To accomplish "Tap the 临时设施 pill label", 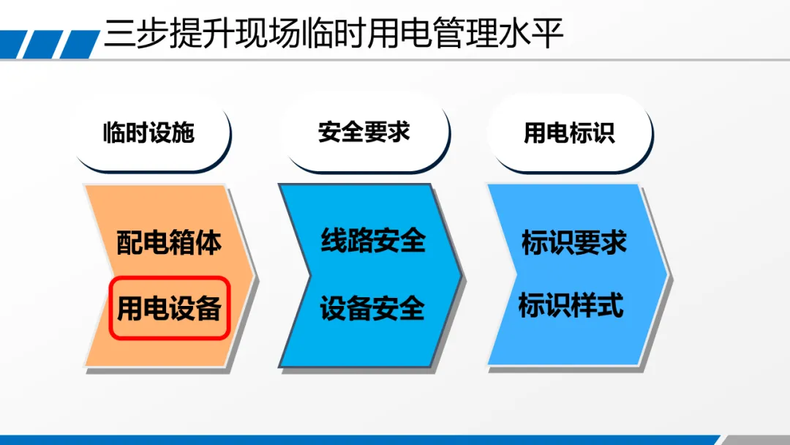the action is (148, 132).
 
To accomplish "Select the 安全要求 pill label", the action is (364, 132).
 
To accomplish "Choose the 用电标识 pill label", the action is (569, 132).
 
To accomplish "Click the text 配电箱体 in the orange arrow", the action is (169, 242).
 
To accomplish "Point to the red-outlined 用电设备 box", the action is (170, 308).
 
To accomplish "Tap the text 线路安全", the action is (373, 240).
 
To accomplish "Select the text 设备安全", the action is (372, 308).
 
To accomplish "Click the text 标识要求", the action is (574, 242).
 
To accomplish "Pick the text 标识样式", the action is (571, 305).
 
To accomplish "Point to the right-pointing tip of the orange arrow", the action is (255, 275).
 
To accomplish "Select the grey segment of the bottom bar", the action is (756, 440).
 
